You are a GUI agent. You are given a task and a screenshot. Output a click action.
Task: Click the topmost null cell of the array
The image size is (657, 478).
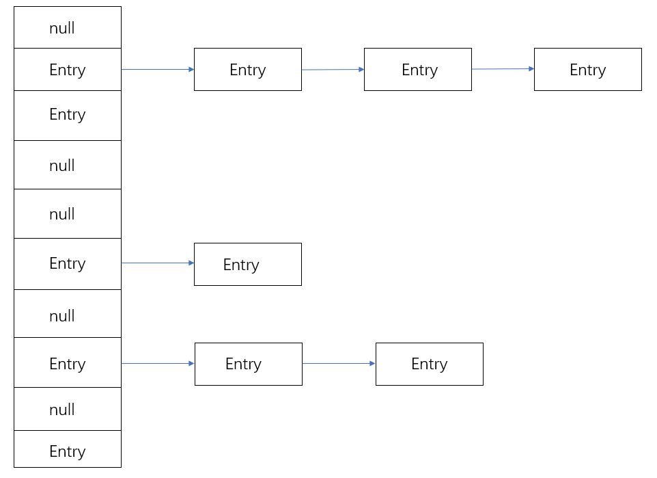(68, 28)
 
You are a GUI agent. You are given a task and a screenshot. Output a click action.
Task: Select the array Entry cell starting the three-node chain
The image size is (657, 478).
(68, 70)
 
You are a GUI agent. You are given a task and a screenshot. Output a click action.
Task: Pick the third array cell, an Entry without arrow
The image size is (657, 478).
(68, 115)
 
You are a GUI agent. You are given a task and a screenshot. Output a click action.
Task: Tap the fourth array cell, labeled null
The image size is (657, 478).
(68, 165)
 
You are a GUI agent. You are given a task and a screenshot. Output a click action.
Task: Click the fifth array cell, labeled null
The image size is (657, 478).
(68, 214)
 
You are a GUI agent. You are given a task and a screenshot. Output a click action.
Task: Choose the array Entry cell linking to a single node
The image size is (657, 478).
(68, 264)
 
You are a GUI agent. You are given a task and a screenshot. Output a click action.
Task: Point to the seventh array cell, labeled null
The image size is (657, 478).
(68, 315)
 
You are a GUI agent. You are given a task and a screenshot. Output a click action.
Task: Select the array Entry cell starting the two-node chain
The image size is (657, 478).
(68, 363)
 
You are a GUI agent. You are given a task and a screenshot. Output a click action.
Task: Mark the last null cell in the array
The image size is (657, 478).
(68, 409)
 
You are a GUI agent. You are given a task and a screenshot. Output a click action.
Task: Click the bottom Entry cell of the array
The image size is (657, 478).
(68, 450)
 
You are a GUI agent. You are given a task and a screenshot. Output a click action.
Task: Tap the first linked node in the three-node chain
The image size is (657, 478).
(247, 70)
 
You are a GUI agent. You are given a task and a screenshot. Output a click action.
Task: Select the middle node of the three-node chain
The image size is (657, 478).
(417, 70)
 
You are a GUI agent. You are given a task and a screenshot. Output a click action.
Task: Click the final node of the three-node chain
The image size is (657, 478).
(587, 70)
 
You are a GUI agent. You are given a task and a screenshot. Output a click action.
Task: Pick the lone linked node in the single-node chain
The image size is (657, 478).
(247, 265)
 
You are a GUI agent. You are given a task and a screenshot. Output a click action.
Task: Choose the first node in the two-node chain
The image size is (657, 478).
(248, 364)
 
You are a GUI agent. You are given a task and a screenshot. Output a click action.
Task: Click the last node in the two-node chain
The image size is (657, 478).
(429, 364)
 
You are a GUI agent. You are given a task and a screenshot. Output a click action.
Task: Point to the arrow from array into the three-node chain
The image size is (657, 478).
(158, 70)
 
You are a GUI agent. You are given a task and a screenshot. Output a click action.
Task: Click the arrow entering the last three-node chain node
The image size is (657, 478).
(503, 69)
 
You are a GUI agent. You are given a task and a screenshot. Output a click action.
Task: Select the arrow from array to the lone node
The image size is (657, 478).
(158, 263)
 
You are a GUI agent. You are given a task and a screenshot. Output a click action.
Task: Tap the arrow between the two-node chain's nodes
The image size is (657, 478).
(339, 364)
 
